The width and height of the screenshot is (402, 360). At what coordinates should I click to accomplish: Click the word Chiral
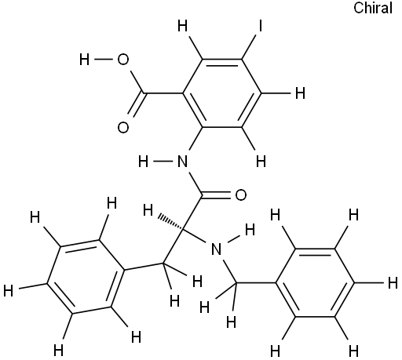(373, 8)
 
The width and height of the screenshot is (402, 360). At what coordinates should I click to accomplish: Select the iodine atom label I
(260, 26)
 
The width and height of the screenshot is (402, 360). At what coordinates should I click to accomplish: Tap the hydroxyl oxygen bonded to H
(123, 60)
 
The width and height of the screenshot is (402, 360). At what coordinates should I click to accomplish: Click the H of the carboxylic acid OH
(84, 60)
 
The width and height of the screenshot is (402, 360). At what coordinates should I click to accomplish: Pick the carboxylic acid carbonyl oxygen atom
(123, 128)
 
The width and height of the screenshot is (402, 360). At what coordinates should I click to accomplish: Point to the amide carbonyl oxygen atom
(241, 195)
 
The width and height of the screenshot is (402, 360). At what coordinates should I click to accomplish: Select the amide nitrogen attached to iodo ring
(182, 162)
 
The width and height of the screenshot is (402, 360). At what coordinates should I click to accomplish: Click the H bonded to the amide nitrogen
(144, 162)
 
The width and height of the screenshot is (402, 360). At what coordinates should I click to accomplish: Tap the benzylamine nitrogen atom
(216, 249)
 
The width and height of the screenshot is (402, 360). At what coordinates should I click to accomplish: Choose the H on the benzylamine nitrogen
(250, 230)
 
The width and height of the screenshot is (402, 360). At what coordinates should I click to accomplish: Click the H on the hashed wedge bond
(148, 210)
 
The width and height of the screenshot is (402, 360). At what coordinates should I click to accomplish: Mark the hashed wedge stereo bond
(170, 222)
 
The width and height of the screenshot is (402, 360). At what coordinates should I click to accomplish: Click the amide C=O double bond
(217, 195)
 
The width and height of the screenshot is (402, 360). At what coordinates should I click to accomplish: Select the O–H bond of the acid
(104, 60)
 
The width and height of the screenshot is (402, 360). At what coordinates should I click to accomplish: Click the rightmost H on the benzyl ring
(393, 283)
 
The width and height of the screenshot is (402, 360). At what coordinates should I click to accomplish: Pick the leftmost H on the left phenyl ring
(9, 291)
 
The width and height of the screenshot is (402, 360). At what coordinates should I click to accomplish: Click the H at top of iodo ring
(182, 26)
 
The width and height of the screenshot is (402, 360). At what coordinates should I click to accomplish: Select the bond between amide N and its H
(163, 162)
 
